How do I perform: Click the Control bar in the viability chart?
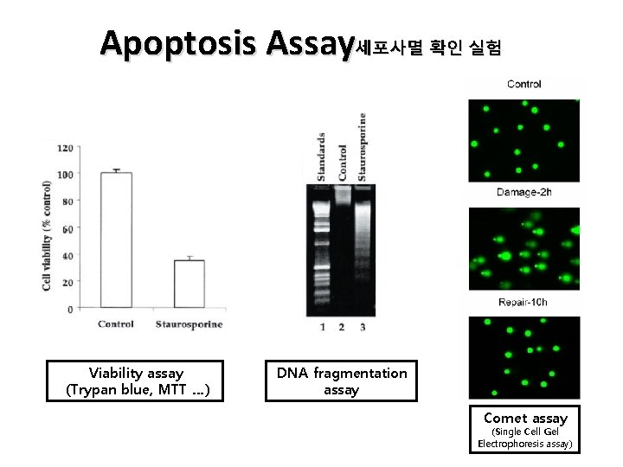click(x=116, y=240)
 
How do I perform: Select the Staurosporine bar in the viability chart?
click(x=189, y=284)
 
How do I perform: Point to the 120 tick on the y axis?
click(x=65, y=148)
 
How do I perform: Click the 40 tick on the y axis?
click(x=67, y=255)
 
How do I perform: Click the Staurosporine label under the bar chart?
click(x=189, y=324)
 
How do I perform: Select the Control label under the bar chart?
click(x=116, y=324)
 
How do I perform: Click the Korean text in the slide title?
click(x=427, y=48)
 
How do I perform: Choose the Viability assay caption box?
click(x=137, y=381)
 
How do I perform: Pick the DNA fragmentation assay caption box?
click(x=341, y=381)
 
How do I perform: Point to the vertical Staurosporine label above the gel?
click(x=362, y=146)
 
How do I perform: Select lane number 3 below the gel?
click(x=363, y=327)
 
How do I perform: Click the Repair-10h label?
click(x=523, y=303)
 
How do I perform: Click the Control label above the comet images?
click(x=523, y=84)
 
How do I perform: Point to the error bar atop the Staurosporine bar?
click(x=189, y=258)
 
